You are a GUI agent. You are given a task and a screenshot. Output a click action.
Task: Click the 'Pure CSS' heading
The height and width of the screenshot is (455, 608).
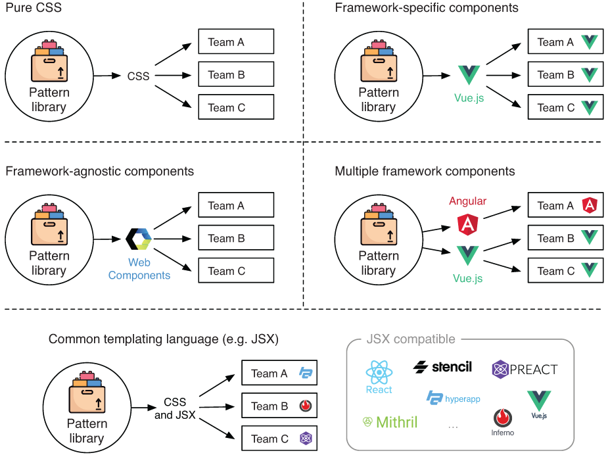coord(29,9)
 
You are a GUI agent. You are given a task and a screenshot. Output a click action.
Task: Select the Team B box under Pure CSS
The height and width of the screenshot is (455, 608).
coord(236,74)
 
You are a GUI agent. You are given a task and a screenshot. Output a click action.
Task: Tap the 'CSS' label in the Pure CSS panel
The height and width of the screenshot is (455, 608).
coord(139,76)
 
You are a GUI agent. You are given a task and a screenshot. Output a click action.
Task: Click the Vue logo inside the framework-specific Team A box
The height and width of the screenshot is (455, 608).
coord(590,42)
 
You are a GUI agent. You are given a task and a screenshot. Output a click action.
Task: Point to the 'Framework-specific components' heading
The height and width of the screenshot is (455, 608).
coord(426,9)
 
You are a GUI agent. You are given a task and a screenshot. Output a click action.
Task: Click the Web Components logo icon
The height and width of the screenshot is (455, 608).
coord(139,239)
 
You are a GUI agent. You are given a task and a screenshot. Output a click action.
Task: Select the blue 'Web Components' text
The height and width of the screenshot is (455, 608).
coord(139,269)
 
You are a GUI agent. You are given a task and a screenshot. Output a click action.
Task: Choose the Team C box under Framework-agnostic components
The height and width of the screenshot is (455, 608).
coord(236,270)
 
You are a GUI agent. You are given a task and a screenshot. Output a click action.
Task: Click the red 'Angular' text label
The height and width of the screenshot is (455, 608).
coord(467,201)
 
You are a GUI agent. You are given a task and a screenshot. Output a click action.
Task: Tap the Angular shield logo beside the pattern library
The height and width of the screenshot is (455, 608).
coord(467,224)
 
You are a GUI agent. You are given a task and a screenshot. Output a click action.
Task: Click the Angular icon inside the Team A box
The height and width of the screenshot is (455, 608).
coord(590,206)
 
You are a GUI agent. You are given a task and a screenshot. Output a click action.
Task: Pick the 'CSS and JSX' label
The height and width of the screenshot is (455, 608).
coord(175,408)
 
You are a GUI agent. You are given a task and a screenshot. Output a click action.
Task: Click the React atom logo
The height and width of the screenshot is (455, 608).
coord(379,372)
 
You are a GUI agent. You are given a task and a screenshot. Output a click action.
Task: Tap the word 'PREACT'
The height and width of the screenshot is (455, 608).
coord(534,370)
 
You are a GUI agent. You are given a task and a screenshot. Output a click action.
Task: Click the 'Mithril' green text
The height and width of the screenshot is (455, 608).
coord(396,421)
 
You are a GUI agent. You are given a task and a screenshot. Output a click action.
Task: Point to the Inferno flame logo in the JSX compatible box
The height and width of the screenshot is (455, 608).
coord(503,418)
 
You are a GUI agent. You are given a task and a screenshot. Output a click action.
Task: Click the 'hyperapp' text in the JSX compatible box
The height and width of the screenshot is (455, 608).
coord(463,398)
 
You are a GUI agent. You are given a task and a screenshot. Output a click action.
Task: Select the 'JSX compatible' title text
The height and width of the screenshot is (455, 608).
coord(411,340)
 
